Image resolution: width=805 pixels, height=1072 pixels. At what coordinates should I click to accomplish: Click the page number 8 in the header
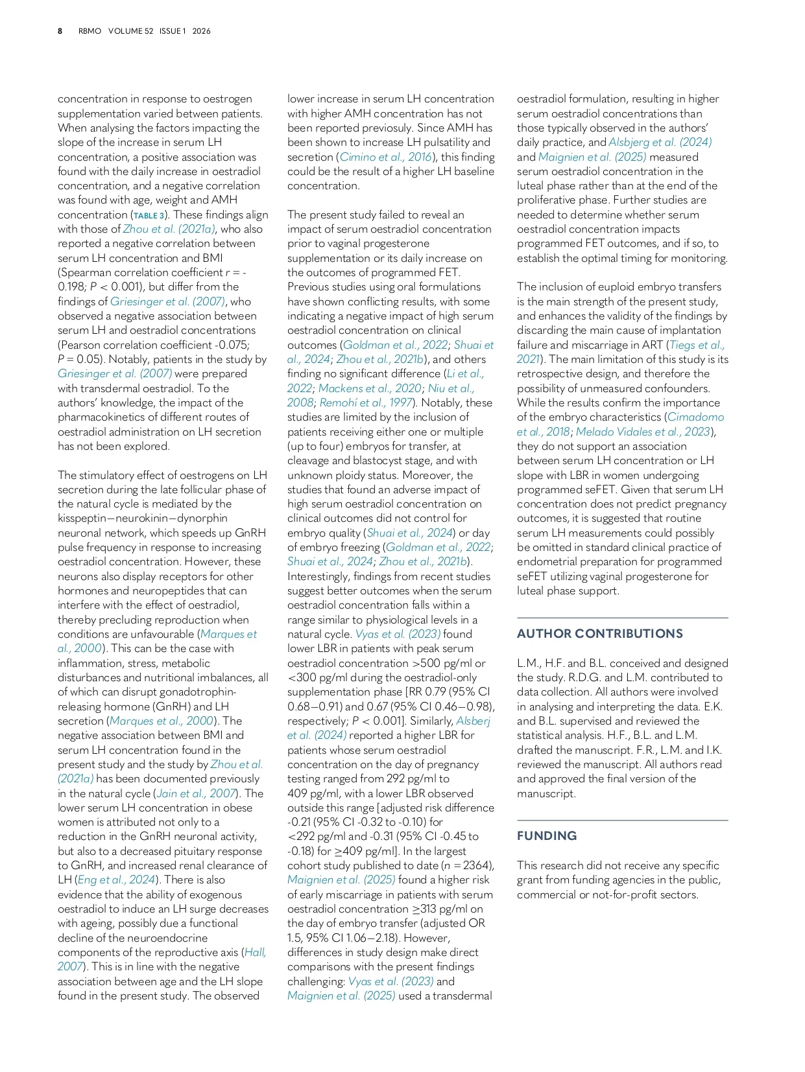[x=60, y=31]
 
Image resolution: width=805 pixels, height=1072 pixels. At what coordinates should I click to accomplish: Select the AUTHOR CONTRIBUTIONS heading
[x=599, y=634]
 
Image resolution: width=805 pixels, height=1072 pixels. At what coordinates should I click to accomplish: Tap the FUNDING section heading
[x=546, y=836]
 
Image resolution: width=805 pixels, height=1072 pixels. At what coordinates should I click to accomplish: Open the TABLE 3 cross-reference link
[x=149, y=215]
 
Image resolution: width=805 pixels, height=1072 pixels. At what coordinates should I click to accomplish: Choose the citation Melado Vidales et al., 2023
[x=642, y=432]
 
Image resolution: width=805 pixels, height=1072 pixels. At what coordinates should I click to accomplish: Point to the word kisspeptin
[x=86, y=519]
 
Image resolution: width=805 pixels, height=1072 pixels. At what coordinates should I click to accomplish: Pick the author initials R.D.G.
[x=584, y=677]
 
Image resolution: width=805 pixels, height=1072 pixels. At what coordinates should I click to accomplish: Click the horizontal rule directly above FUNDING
[x=622, y=821]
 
